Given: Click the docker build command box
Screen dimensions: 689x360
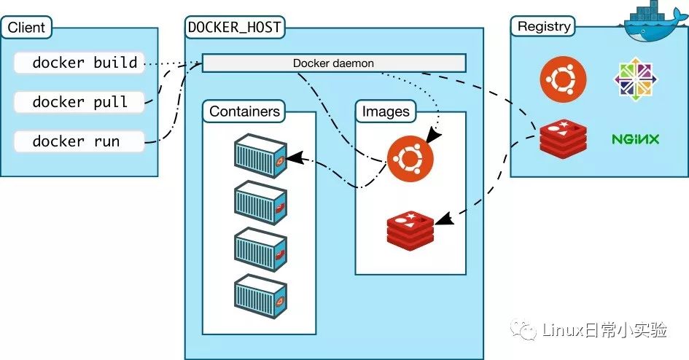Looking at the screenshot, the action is pyautogui.click(x=79, y=63).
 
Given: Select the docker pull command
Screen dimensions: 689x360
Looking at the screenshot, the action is pyautogui.click(x=79, y=102).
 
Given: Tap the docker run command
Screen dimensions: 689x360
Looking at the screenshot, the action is pyautogui.click(x=79, y=141).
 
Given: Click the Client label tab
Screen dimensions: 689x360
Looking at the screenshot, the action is pyautogui.click(x=26, y=27).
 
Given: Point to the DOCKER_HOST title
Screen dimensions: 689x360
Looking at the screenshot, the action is pyautogui.click(x=235, y=27).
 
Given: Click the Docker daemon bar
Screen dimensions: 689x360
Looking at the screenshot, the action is pyautogui.click(x=334, y=63).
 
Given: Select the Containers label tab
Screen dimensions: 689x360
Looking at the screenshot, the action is pyautogui.click(x=244, y=111).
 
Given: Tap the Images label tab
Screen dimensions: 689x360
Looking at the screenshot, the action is pyautogui.click(x=386, y=111).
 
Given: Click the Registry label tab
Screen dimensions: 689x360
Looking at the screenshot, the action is pyautogui.click(x=543, y=26).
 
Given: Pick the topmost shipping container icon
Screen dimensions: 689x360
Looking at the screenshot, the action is pyautogui.click(x=260, y=155).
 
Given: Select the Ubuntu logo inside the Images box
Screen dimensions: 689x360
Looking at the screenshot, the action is pyautogui.click(x=410, y=158).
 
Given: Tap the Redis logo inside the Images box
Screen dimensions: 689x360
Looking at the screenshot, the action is pyautogui.click(x=410, y=230).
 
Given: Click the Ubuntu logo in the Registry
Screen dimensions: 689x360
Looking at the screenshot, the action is pyautogui.click(x=563, y=79).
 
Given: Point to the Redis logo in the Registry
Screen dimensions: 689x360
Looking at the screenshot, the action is pyautogui.click(x=564, y=138).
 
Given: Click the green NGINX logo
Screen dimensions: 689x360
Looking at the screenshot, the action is pyautogui.click(x=635, y=139).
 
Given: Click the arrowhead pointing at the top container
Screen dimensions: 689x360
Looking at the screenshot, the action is pyautogui.click(x=295, y=157).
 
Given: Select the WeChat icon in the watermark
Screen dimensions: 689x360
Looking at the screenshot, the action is pyautogui.click(x=523, y=330).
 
